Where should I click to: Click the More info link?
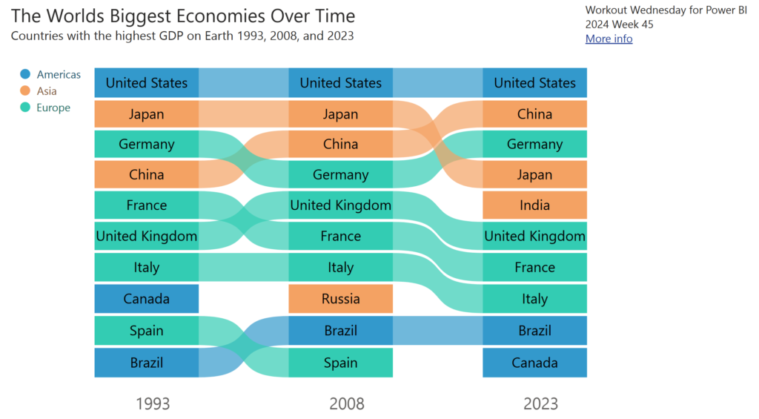[x=609, y=39]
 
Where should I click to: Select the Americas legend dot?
[x=25, y=74]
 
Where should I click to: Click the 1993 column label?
[x=153, y=404]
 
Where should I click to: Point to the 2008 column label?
[x=347, y=404]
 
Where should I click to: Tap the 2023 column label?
[x=540, y=404]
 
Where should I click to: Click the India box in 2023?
[x=534, y=205]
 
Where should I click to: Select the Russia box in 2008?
[x=340, y=299]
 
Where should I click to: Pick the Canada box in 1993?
[x=146, y=299]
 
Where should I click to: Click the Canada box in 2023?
[x=534, y=363]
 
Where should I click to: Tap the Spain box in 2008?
[x=340, y=363]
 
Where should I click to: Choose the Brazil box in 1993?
[x=146, y=363]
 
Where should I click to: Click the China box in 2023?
[x=534, y=114]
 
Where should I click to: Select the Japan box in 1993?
[x=146, y=114]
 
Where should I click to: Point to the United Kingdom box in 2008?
[x=340, y=205]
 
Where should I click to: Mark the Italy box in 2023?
[x=534, y=299]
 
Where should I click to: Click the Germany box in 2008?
[x=340, y=175]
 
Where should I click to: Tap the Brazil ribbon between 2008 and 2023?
[x=437, y=331]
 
